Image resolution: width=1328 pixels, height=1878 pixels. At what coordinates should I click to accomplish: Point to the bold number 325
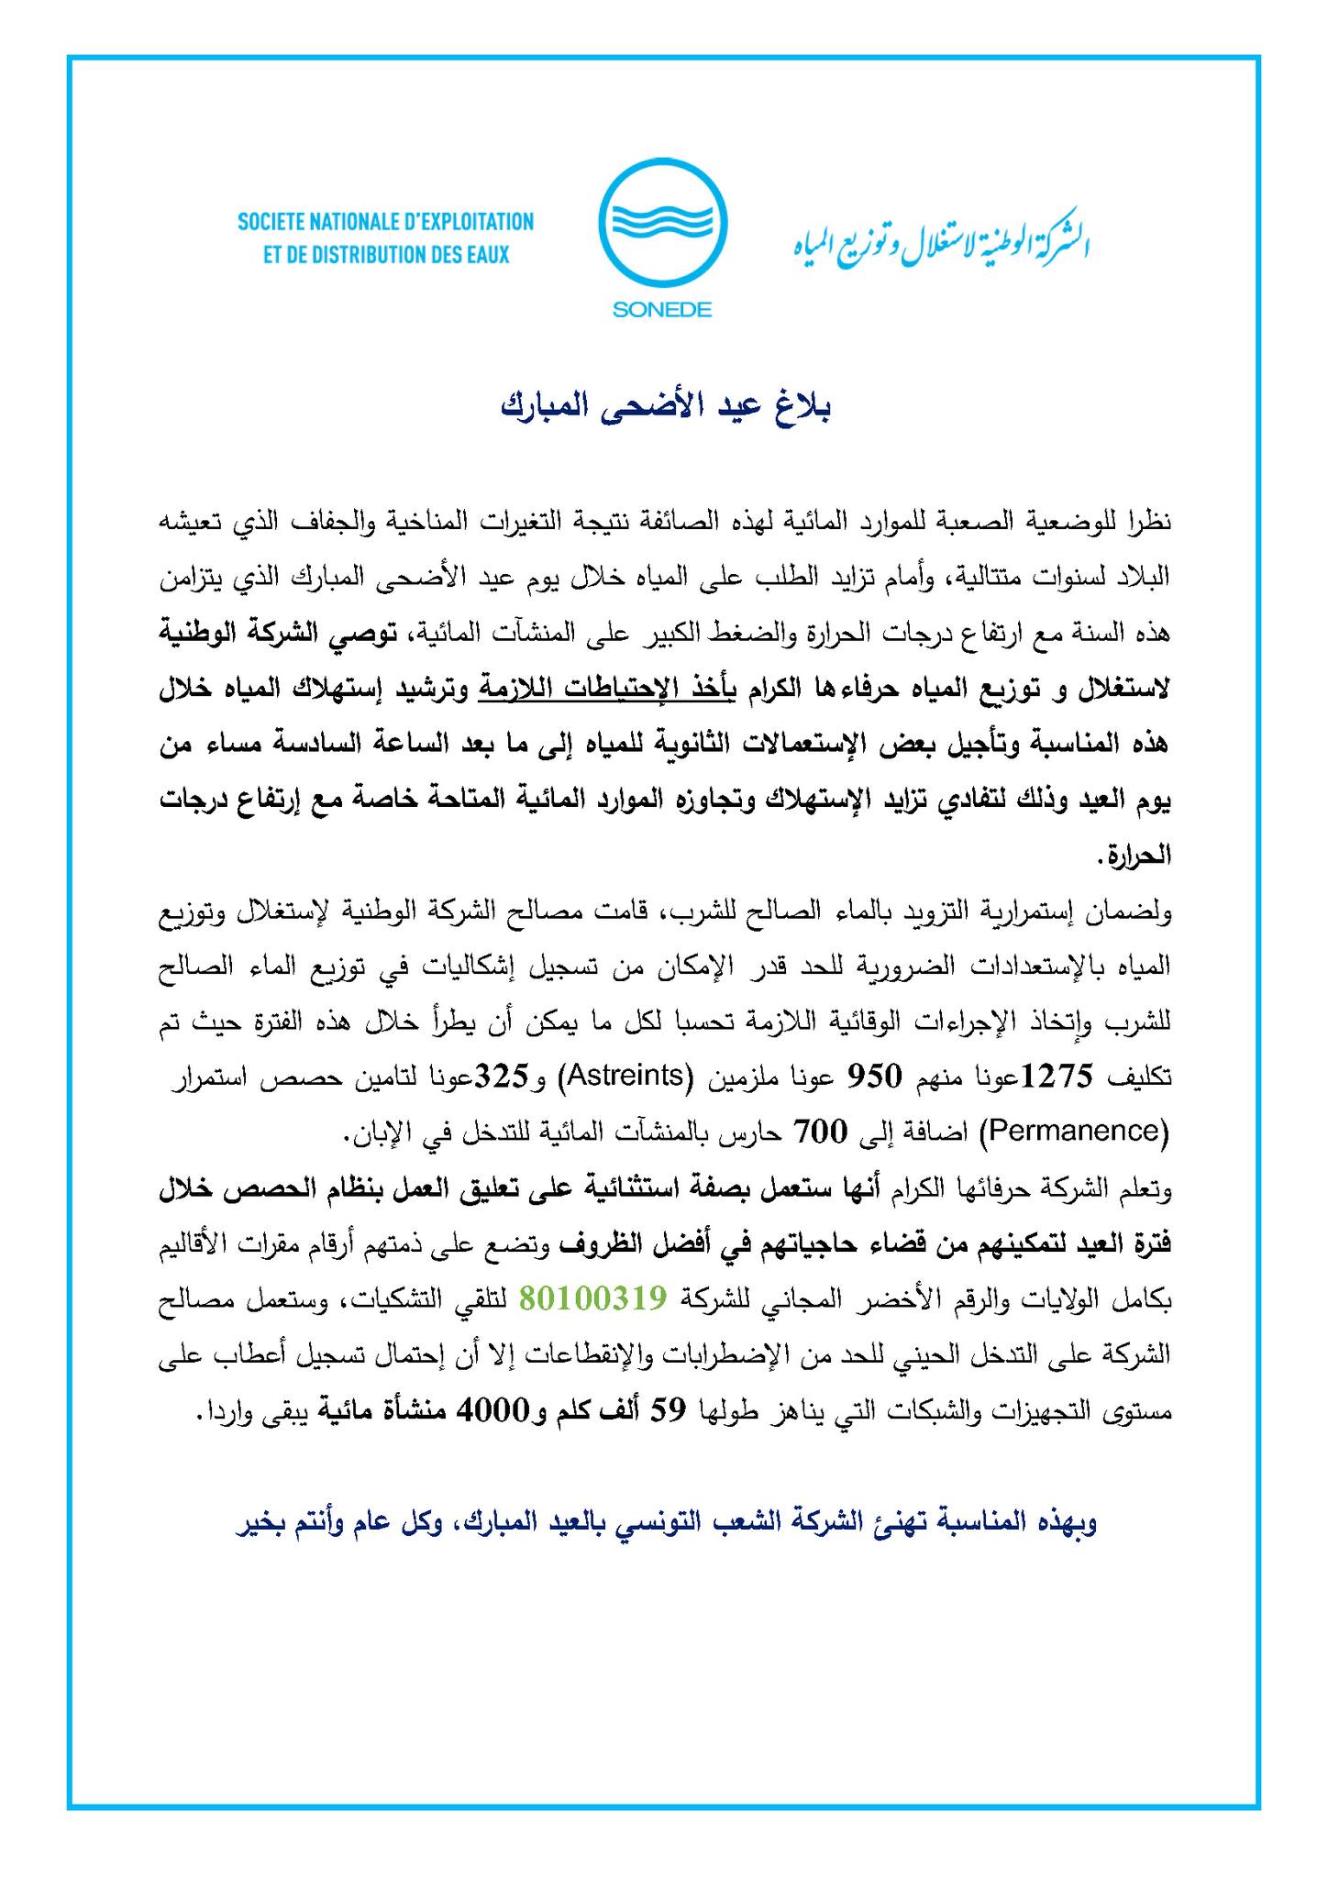[x=498, y=1077]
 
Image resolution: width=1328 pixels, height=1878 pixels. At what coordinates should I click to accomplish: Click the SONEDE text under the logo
[x=662, y=310]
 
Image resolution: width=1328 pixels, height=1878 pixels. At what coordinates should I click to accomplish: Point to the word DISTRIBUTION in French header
[x=367, y=254]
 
